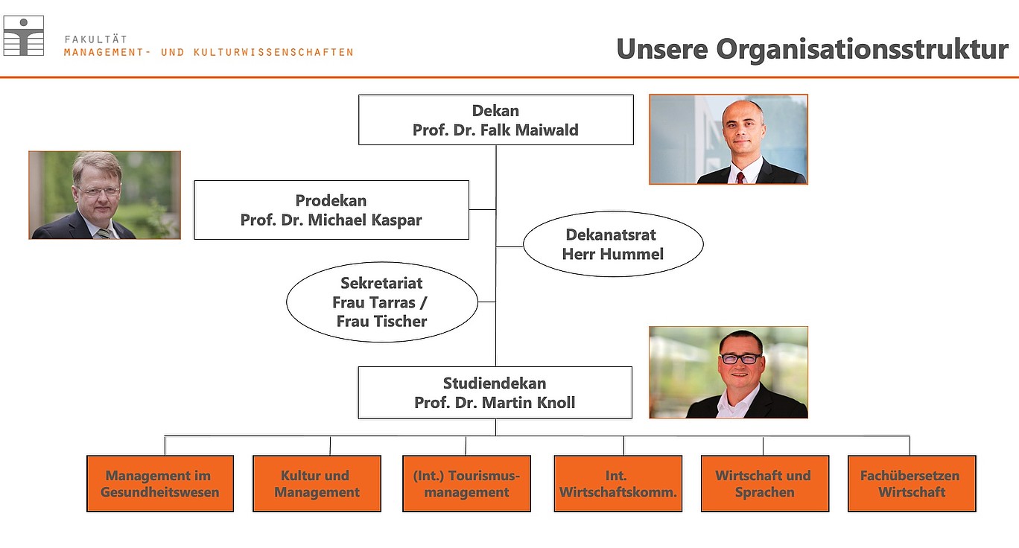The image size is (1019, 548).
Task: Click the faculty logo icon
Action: point(24,36)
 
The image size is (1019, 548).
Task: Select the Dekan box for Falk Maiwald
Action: point(496,120)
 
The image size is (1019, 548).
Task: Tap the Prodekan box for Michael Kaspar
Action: point(331,210)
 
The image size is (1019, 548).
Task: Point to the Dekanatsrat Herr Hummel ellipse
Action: point(613,244)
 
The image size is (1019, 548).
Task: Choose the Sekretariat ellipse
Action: point(382,302)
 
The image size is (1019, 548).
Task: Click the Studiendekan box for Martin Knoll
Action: point(495,393)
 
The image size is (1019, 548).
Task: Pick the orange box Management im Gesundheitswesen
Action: point(160,484)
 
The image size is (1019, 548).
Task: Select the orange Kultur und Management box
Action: point(317,484)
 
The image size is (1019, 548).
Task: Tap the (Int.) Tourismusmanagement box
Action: point(467,484)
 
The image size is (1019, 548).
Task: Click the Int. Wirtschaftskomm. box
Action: point(618,484)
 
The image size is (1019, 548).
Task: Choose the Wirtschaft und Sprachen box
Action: point(765,484)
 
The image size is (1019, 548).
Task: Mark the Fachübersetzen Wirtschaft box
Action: point(912,484)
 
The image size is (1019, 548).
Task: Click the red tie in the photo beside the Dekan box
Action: point(740,178)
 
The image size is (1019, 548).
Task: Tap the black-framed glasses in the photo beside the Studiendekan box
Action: point(740,358)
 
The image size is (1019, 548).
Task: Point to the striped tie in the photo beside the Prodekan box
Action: point(104,234)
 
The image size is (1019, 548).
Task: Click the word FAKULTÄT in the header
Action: point(96,39)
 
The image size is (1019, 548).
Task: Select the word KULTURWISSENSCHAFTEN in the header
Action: point(273,52)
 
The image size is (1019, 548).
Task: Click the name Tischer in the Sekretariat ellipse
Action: point(401,322)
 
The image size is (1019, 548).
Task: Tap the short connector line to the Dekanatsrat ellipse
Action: point(509,246)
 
